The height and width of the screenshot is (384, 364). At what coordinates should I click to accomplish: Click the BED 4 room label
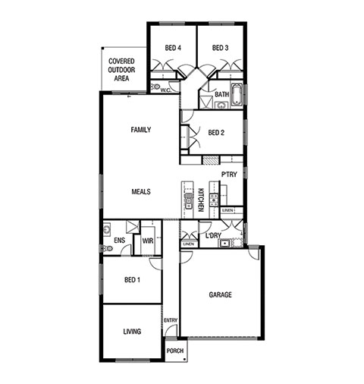[x=173, y=48]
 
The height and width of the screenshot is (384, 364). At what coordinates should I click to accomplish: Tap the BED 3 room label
[x=220, y=48]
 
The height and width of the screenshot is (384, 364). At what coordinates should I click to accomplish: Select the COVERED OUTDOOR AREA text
[x=121, y=70]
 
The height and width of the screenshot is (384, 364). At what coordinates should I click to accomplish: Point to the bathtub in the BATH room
[x=237, y=94]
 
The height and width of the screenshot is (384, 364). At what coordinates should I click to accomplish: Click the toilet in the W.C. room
[x=155, y=87]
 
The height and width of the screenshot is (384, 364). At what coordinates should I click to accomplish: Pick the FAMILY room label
[x=141, y=130]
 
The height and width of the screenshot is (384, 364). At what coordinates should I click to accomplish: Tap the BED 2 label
[x=216, y=133]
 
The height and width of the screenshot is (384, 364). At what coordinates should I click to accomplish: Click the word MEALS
[x=141, y=192]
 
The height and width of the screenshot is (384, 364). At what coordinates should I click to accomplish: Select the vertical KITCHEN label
[x=201, y=200]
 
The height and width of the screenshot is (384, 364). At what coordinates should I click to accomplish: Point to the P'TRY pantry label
[x=229, y=175]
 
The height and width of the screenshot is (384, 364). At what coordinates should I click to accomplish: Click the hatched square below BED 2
[x=211, y=160]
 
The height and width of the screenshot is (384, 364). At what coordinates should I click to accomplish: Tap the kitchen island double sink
[x=188, y=201]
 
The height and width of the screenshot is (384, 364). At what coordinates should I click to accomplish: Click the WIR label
[x=148, y=241]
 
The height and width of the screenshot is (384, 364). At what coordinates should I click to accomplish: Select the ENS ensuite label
[x=119, y=240]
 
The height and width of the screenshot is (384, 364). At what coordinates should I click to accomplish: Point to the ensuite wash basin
[x=107, y=229]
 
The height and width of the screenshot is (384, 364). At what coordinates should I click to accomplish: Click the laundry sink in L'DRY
[x=224, y=244]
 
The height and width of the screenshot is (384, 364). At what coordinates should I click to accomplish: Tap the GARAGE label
[x=220, y=294]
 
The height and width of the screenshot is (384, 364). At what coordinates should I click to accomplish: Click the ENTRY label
[x=171, y=320]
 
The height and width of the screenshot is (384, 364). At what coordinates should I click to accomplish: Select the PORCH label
[x=175, y=351]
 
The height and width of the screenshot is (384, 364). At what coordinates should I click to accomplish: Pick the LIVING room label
[x=132, y=332]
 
